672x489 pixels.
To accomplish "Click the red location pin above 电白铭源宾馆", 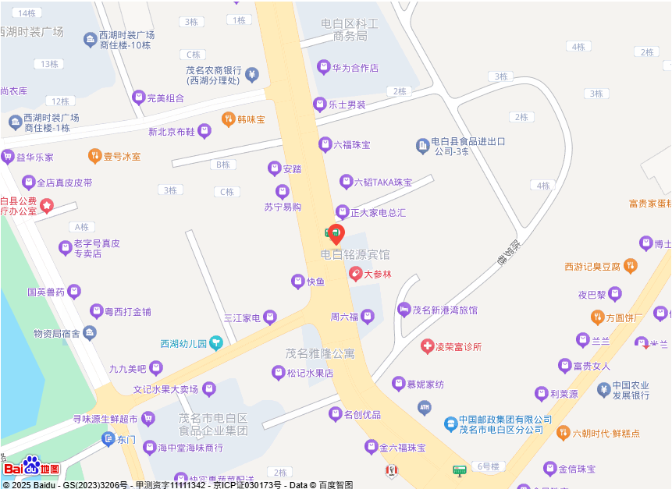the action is coord(336,234).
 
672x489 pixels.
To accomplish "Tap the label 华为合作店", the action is coord(355,68).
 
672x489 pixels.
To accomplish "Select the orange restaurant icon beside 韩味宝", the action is coord(228,119).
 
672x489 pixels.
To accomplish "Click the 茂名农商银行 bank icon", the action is coord(251,74).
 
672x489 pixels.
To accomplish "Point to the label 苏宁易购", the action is coord(283,207).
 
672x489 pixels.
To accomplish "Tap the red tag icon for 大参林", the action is coord(356,274).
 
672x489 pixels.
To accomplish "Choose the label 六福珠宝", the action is coord(352,145).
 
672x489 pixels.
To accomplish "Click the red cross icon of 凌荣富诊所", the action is coord(427,346).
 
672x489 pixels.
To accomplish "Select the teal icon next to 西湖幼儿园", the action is coord(216,343).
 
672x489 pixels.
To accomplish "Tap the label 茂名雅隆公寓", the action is coord(320,353).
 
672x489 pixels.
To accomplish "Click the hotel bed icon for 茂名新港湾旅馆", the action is coord(404,310).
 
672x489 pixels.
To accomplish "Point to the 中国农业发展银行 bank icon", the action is coord(603,390).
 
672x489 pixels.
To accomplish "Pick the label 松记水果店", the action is coord(310,373).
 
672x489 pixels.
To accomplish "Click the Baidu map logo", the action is coord(31,467).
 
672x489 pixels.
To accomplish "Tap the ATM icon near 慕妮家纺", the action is coord(424,406).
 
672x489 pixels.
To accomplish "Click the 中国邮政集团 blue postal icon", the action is coord(450,424).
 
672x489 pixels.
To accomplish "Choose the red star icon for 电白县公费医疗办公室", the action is coord(46,206).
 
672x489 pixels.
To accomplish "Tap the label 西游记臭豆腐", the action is coord(592,267).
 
